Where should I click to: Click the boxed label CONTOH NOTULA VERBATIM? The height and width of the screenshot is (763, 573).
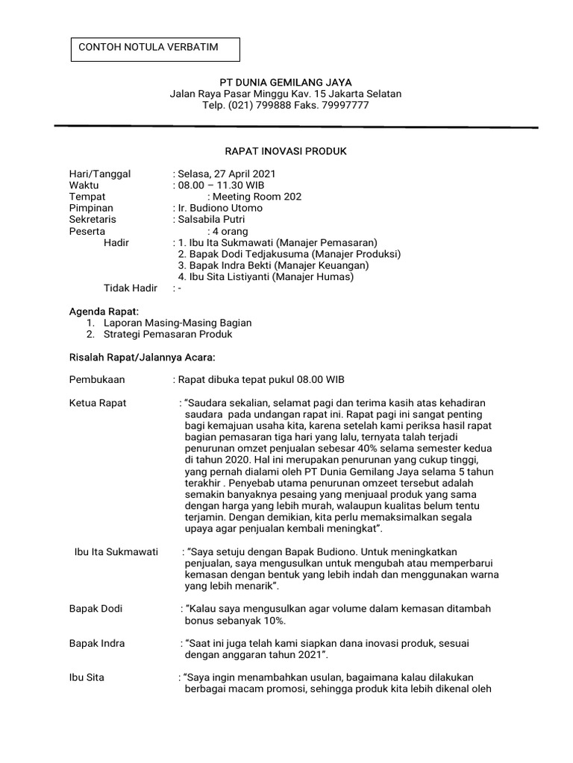click(148, 47)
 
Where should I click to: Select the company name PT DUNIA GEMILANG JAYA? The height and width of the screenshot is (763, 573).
click(285, 82)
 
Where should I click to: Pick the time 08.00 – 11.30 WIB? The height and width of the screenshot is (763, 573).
click(220, 185)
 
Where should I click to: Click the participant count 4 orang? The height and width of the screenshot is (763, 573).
click(231, 231)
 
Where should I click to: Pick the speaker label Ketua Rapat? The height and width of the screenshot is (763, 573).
click(98, 403)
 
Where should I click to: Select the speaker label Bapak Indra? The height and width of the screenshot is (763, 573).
click(97, 643)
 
